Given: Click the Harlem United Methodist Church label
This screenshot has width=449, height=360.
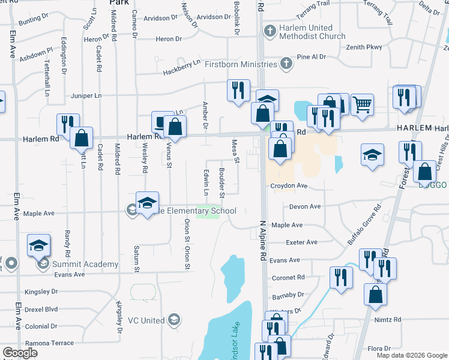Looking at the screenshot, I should click(x=312, y=32).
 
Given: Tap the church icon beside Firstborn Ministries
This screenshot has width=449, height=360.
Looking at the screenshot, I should click(x=287, y=64).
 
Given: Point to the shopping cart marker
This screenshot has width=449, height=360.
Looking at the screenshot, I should click(x=362, y=104).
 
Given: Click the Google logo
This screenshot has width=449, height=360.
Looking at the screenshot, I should click(x=20, y=353).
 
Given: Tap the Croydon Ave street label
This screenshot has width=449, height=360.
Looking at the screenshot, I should click(x=289, y=186).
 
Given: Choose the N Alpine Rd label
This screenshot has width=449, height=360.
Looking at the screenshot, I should click(x=263, y=239).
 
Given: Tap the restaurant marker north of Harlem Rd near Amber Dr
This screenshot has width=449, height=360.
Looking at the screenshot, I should click(x=238, y=91).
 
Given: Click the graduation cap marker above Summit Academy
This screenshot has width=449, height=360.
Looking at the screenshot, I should click(x=39, y=245).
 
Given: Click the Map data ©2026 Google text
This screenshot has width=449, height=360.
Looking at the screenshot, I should click(x=411, y=355).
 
